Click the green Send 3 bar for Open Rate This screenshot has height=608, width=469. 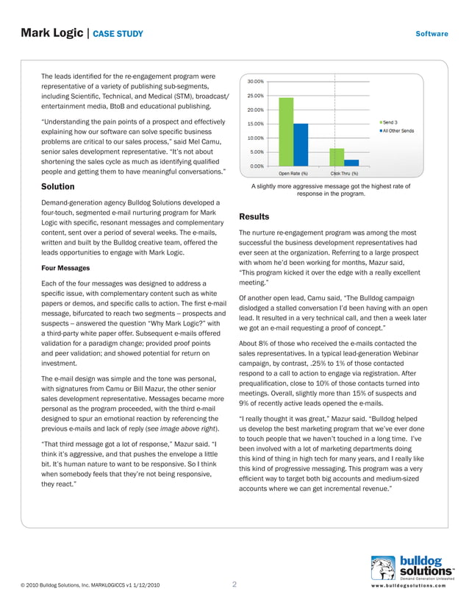(x=286, y=132)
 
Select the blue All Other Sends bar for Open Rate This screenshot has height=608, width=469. (x=301, y=145)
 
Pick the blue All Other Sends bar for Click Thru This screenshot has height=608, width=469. (x=351, y=163)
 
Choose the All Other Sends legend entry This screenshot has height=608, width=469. (x=396, y=131)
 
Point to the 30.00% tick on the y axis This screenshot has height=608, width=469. (x=256, y=81)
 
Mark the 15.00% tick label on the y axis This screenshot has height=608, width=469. (x=256, y=124)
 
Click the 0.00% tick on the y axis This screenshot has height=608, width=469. (x=257, y=166)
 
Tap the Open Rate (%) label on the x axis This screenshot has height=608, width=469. (x=293, y=174)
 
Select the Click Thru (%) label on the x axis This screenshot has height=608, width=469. (x=344, y=174)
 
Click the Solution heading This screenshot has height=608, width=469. (x=57, y=187)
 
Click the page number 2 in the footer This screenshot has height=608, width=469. (x=234, y=585)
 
